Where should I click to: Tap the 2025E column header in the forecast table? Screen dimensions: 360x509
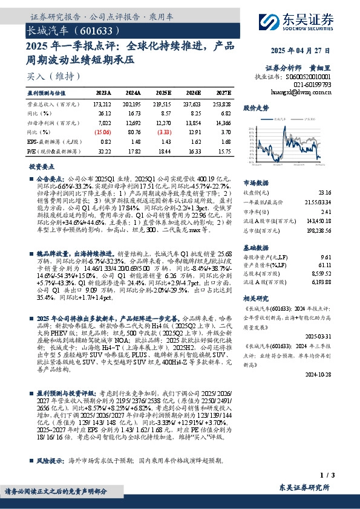[163, 93]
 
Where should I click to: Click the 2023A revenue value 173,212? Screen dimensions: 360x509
[103, 105]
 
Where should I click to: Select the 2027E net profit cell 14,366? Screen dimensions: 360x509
[223, 122]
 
